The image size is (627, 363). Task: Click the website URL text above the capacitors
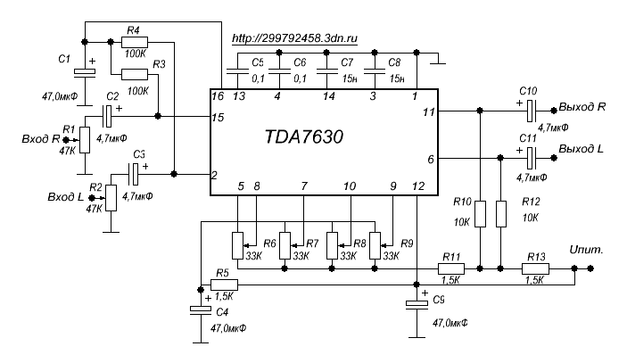293,39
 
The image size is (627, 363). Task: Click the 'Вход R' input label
38,140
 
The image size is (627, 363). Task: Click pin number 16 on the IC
218,95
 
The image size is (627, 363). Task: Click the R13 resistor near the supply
535,268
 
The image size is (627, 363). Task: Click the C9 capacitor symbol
417,305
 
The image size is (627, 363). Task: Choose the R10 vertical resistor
481,214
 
